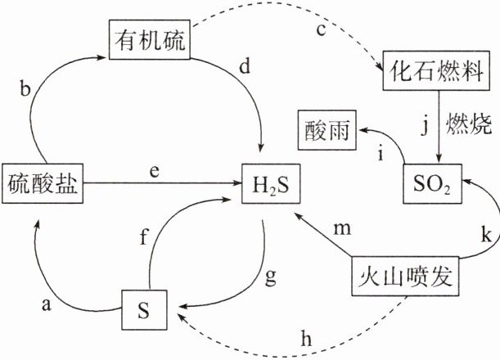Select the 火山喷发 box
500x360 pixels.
(403, 277)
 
